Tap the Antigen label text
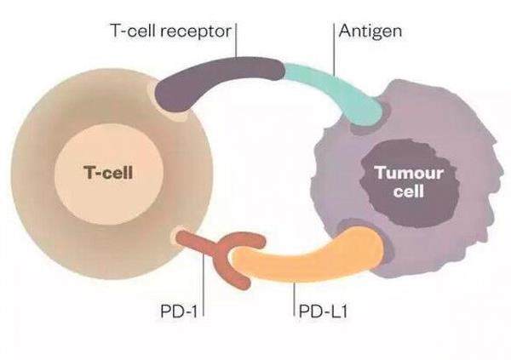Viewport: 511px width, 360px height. (367, 31)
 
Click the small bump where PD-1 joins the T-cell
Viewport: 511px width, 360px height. (179, 236)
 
